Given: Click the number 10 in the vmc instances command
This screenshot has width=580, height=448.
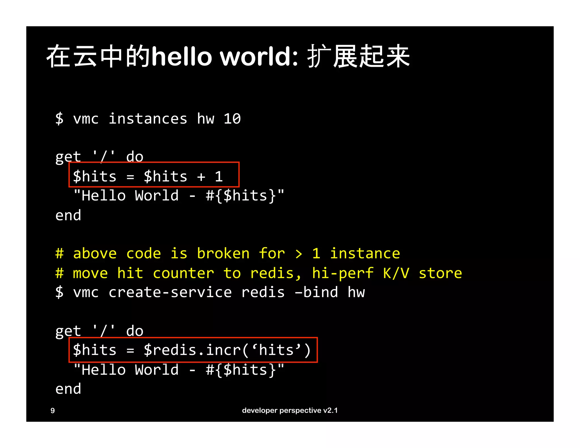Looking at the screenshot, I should pos(232,119).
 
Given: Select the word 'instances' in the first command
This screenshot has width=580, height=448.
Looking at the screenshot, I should pos(148,119).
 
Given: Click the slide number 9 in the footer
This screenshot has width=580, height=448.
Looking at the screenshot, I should pos(53,410).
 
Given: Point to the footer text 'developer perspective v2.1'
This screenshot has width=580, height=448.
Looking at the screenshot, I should pos(290,410).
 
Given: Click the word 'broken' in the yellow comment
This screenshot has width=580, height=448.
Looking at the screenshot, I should pos(223,253).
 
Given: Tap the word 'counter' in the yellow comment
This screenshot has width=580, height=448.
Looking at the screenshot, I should pos(183,273).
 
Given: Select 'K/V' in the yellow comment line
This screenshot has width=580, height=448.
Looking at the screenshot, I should pos(396,273).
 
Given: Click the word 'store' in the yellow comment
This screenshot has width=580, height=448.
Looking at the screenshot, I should pos(440,273).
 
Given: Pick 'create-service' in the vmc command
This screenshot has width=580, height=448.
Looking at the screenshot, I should pos(170,292).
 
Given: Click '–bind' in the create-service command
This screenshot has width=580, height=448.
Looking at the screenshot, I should pos(316,292).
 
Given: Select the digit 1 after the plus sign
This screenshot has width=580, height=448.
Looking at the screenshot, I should pos(219,177).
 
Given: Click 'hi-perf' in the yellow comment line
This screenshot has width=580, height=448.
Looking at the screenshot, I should pos(343,273).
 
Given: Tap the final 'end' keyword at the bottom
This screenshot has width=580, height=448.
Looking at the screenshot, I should pos(68,389).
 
